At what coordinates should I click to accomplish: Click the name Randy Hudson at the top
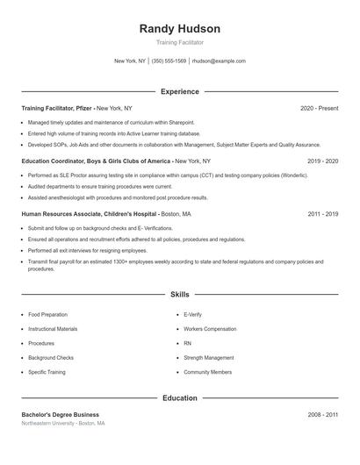click(180, 28)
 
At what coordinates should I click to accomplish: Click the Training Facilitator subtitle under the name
click(180, 42)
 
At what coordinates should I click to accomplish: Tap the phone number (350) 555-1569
click(169, 61)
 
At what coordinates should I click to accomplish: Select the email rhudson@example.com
click(219, 61)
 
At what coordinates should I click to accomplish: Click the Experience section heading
click(180, 91)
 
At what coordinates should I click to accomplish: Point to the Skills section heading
click(180, 296)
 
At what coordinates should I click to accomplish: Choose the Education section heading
click(180, 398)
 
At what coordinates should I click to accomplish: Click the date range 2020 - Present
click(319, 108)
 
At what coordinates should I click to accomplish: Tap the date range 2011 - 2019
click(322, 213)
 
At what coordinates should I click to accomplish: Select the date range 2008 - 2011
click(322, 414)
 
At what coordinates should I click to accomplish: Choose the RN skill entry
click(187, 343)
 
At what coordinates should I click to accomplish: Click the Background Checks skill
click(51, 358)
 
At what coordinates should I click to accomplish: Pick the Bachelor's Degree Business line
click(61, 414)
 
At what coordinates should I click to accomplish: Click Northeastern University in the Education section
click(47, 423)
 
